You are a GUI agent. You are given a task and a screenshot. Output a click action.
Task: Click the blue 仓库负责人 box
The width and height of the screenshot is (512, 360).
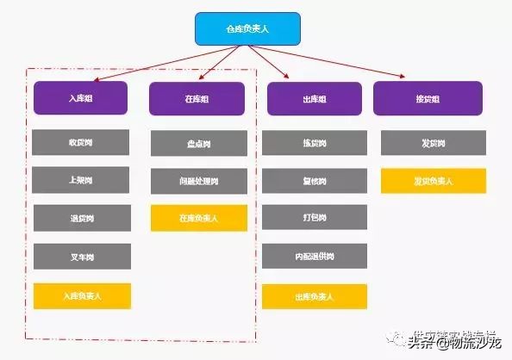point(247,28)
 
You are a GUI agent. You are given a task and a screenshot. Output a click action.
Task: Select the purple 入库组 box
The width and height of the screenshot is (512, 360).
point(82,98)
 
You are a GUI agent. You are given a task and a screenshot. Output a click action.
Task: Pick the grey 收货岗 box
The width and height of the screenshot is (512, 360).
point(82,142)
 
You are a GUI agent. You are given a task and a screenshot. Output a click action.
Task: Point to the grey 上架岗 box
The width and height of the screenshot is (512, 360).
point(82,180)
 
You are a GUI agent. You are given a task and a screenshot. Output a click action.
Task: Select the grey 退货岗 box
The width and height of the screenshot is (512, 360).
point(82,218)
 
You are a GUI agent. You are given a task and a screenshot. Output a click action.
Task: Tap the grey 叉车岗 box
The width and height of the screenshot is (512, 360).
point(82,256)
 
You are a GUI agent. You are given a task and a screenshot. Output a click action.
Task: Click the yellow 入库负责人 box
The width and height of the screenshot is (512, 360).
point(82,295)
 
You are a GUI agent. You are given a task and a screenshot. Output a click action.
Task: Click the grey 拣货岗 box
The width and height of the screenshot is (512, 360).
point(315,143)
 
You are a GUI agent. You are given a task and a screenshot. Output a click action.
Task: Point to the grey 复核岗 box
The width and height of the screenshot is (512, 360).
point(315,181)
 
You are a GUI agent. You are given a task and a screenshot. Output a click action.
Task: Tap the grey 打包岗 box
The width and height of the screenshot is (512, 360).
point(315,218)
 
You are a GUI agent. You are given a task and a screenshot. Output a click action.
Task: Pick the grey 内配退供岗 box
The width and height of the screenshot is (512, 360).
point(315,256)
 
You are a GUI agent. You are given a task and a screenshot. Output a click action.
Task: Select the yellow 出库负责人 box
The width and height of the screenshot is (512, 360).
point(315,296)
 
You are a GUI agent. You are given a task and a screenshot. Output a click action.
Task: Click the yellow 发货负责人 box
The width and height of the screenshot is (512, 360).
point(433,181)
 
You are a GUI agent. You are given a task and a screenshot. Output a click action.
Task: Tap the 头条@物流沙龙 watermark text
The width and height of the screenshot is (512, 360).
point(453,343)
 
